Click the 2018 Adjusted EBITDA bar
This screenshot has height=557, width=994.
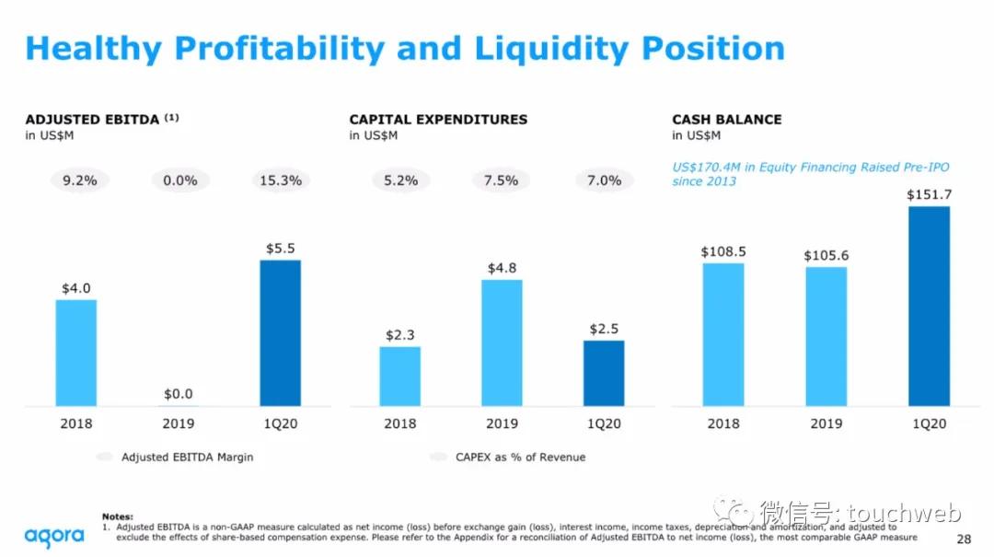(x=76, y=353)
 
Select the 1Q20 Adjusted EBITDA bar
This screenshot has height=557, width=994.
(x=280, y=332)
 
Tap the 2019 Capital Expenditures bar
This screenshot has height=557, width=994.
(x=502, y=342)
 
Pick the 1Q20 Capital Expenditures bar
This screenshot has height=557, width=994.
(x=604, y=373)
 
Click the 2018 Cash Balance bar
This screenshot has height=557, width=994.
(x=723, y=334)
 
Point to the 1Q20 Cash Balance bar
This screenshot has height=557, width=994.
(x=929, y=306)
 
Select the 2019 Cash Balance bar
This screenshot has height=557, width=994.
(x=826, y=336)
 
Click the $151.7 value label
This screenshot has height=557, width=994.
(x=928, y=195)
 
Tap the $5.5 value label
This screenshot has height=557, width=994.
(x=281, y=249)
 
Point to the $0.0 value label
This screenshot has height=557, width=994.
(x=179, y=394)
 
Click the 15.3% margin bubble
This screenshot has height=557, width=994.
(x=281, y=180)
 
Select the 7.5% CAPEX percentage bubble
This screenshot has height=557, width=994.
(x=502, y=180)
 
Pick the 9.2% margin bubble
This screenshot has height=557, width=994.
(x=78, y=180)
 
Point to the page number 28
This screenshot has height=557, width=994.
(x=965, y=538)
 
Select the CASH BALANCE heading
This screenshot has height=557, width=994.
(x=726, y=120)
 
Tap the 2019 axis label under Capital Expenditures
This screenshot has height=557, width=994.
(x=502, y=424)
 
